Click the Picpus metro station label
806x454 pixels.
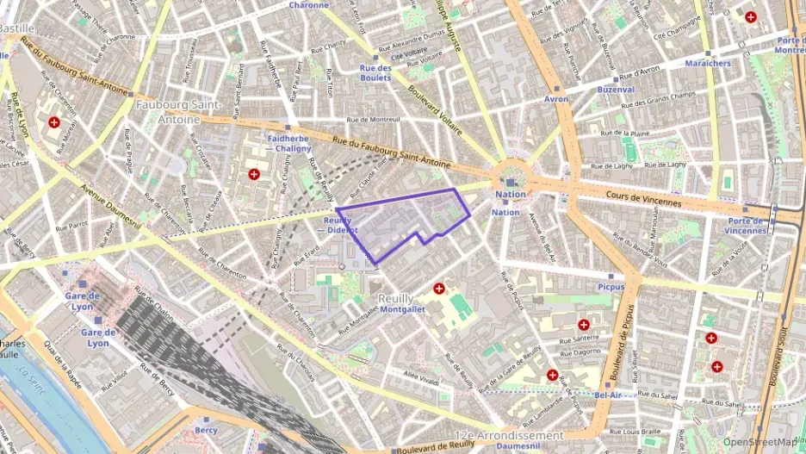(611, 287)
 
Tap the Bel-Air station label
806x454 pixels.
(608, 394)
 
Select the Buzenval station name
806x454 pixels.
(615, 89)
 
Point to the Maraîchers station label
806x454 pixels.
(707, 63)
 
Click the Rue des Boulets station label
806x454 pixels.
(375, 72)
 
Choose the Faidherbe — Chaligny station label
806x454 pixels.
(288, 142)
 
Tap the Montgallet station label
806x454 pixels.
(403, 309)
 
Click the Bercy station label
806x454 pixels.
(206, 429)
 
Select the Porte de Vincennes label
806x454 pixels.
(745, 225)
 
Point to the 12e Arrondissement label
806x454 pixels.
(509, 435)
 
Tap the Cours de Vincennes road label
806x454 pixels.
(643, 200)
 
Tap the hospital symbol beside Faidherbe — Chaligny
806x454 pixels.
(253, 174)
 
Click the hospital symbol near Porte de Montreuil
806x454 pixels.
(751, 16)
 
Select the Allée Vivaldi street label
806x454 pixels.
(422, 378)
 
